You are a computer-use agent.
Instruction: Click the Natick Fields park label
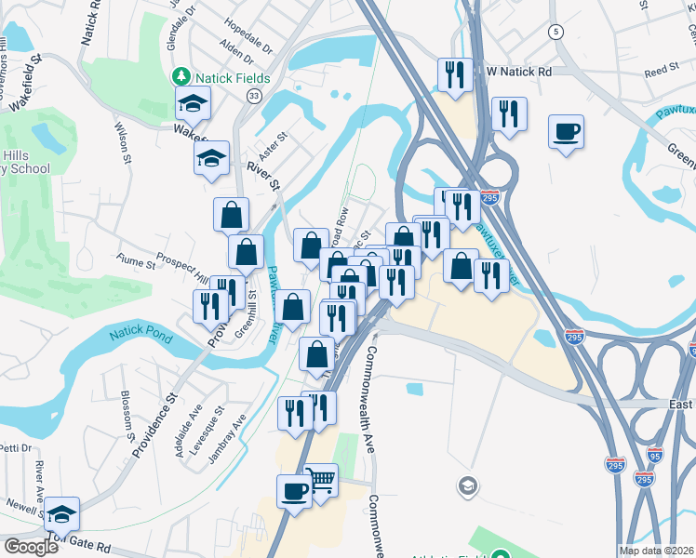pyautogui.click(x=224, y=77)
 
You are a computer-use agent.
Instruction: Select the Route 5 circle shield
pyautogui.click(x=556, y=32)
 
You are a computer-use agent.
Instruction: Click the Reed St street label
pyautogui.click(x=662, y=70)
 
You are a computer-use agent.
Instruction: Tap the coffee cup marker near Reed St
pyautogui.click(x=566, y=131)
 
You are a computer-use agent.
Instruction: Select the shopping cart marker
pyautogui.click(x=320, y=481)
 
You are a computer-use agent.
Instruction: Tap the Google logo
pyautogui.click(x=31, y=547)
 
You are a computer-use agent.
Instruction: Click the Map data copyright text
pyautogui.click(x=657, y=551)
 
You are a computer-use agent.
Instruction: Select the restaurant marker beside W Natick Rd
pyautogui.click(x=455, y=74)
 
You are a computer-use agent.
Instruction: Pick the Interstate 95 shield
pyautogui.click(x=654, y=455)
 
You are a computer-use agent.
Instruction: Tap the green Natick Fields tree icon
pyautogui.click(x=183, y=77)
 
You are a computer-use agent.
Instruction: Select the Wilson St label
pyautogui.click(x=122, y=140)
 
